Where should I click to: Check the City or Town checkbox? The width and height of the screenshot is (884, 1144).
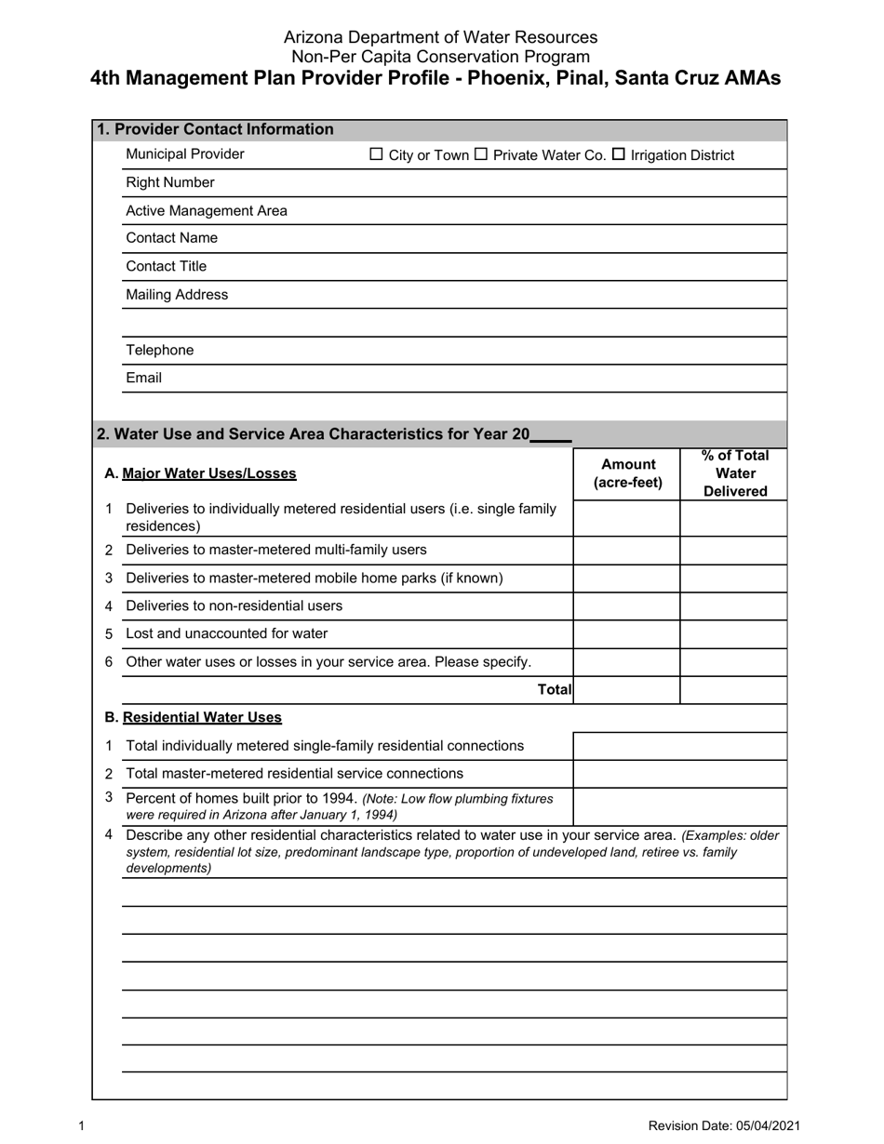376,154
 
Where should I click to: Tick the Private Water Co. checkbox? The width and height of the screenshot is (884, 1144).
481,154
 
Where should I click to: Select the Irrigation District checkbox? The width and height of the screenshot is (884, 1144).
619,154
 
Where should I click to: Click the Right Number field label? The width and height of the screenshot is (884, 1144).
169,182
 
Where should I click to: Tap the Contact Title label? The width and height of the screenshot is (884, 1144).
166,266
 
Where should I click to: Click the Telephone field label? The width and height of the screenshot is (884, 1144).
159,350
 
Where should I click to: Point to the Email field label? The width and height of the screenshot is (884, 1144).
143,378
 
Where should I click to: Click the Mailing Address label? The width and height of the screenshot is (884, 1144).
176,295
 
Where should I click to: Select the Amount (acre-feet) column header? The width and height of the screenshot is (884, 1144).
628,473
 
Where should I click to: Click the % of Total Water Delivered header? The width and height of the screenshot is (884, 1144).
734,473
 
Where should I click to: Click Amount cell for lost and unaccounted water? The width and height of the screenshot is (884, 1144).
626,634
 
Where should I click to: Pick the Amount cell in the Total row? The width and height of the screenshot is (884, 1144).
626,690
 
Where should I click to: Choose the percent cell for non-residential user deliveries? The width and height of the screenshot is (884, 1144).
733,606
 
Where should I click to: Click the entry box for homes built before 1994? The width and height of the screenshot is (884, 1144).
679,806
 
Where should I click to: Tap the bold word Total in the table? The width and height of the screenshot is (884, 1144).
555,689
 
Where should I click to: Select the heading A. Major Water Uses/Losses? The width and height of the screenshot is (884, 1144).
200,473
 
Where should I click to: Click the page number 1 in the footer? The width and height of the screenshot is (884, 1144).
82,1126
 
